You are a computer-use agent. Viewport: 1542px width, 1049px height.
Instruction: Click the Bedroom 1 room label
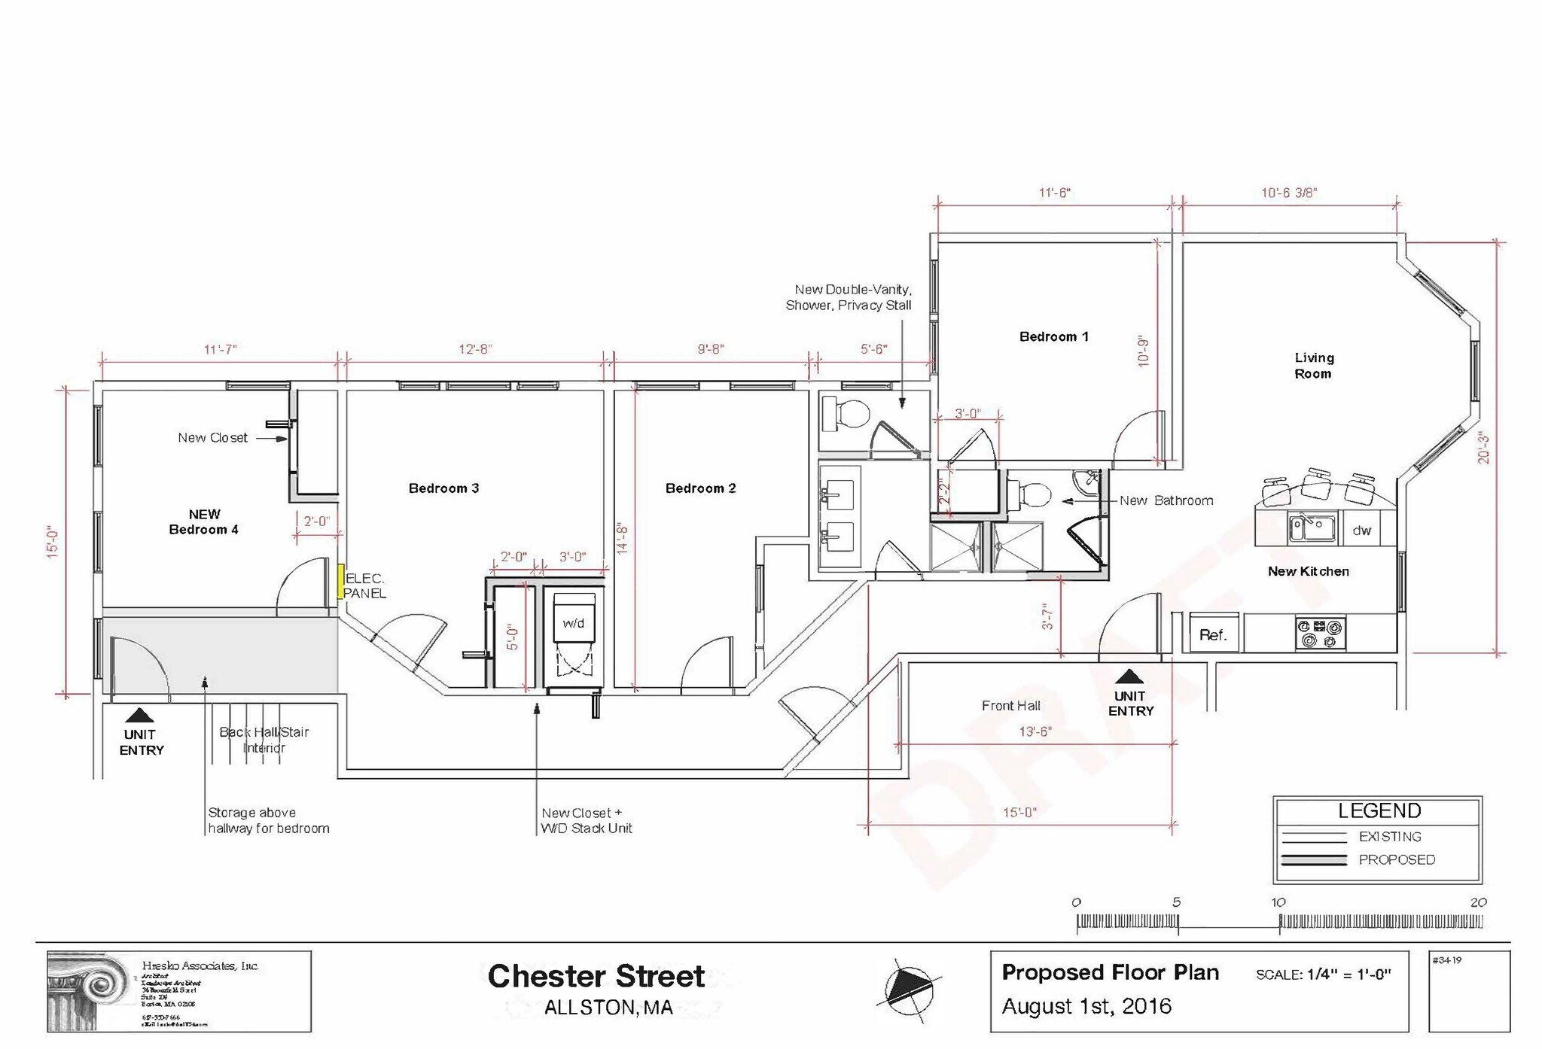(x=1053, y=337)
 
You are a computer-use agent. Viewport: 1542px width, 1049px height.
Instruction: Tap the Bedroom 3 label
(x=443, y=488)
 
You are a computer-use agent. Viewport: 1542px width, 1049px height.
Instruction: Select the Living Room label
(x=1314, y=366)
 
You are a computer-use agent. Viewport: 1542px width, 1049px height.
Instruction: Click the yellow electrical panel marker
(x=340, y=582)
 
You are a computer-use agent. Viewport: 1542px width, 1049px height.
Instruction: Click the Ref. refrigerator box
(x=1213, y=634)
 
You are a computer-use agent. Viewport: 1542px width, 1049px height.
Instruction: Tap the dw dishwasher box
(x=1361, y=531)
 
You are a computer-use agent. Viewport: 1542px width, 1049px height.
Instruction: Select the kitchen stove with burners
(x=1320, y=633)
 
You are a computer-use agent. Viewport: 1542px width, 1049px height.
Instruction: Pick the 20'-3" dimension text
(x=1483, y=446)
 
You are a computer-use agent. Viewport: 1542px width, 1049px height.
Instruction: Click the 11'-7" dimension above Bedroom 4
(x=220, y=350)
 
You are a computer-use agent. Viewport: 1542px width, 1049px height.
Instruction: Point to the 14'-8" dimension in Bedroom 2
(x=623, y=539)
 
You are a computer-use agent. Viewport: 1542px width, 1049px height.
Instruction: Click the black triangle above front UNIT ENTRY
(x=1128, y=677)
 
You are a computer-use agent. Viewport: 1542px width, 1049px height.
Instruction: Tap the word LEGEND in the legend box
(x=1379, y=810)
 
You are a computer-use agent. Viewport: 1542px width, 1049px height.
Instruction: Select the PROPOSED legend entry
(x=1397, y=859)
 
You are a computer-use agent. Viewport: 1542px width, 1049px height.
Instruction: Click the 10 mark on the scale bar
(x=1278, y=902)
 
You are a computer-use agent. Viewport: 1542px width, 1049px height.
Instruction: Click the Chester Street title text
(x=596, y=976)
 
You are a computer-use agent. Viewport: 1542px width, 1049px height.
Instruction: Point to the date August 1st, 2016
(x=1086, y=1006)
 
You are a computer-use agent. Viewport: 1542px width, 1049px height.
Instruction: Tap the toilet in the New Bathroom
(x=1034, y=494)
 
